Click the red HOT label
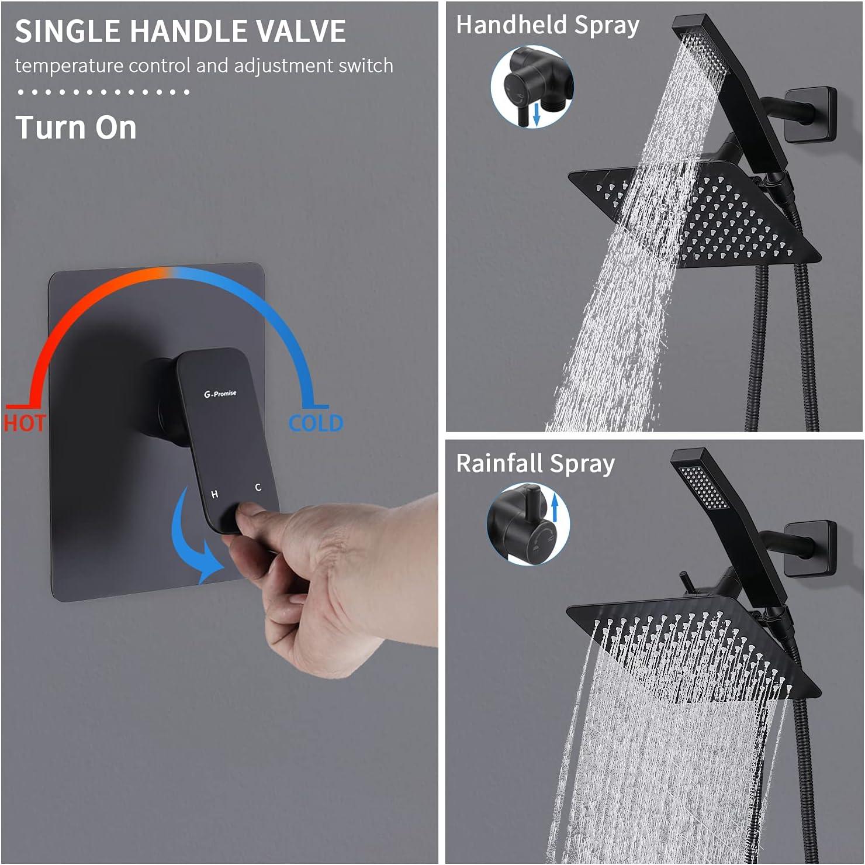click(x=24, y=422)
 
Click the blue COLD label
click(x=316, y=423)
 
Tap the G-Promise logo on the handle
click(x=220, y=394)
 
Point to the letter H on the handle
click(x=214, y=494)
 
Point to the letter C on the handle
click(x=258, y=487)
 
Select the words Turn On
click(x=76, y=127)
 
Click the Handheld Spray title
click(x=547, y=26)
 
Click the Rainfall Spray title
click(x=535, y=464)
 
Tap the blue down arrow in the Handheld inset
click(x=536, y=114)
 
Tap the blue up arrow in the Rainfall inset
click(x=555, y=506)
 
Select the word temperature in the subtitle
click(x=70, y=66)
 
